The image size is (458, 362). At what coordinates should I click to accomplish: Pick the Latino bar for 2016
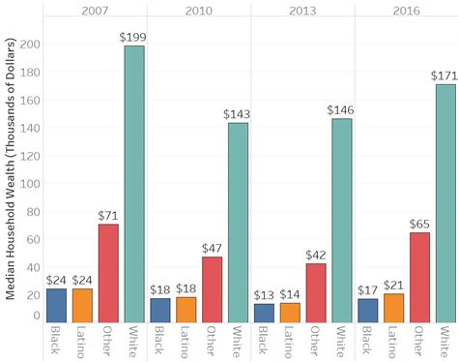394,308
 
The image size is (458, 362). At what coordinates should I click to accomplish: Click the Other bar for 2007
108,273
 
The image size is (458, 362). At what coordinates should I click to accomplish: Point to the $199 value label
133,38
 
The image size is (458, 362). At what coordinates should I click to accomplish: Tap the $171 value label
445,75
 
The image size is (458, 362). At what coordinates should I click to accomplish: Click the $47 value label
212,248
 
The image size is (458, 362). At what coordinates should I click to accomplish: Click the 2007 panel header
95,9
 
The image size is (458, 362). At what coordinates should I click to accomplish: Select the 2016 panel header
406,9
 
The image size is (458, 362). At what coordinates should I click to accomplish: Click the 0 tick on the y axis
36,317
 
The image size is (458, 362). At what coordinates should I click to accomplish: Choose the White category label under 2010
238,340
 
